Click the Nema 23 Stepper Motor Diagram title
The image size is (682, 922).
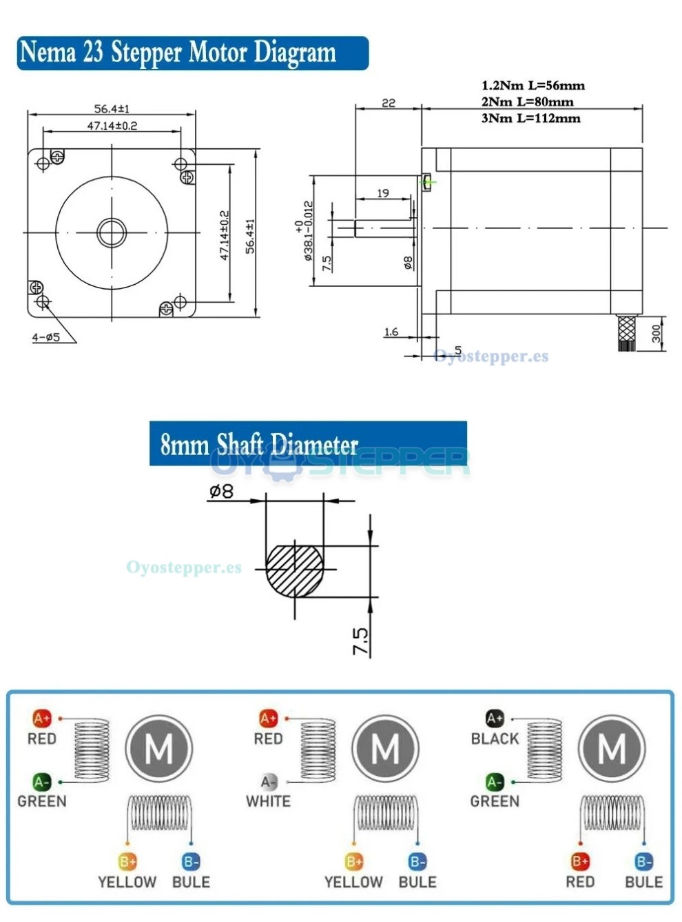(178, 52)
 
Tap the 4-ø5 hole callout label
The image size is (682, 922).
(46, 337)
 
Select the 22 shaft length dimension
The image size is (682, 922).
(389, 103)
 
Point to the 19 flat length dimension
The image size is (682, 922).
(383, 193)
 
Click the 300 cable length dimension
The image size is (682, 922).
(656, 334)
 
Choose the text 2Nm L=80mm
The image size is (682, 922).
(527, 101)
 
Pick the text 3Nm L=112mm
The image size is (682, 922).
(530, 118)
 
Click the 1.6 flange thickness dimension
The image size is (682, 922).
(391, 332)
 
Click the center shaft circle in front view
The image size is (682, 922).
(111, 232)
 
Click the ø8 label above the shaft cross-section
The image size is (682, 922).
(221, 491)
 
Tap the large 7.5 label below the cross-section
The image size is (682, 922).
(360, 641)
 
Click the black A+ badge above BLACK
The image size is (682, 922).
(495, 719)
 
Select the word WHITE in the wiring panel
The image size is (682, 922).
(268, 801)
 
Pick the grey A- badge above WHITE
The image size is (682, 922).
(268, 782)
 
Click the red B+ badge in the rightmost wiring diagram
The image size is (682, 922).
(580, 861)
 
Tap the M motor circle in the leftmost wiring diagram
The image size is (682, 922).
(159, 748)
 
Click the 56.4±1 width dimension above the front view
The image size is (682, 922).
(112, 108)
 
